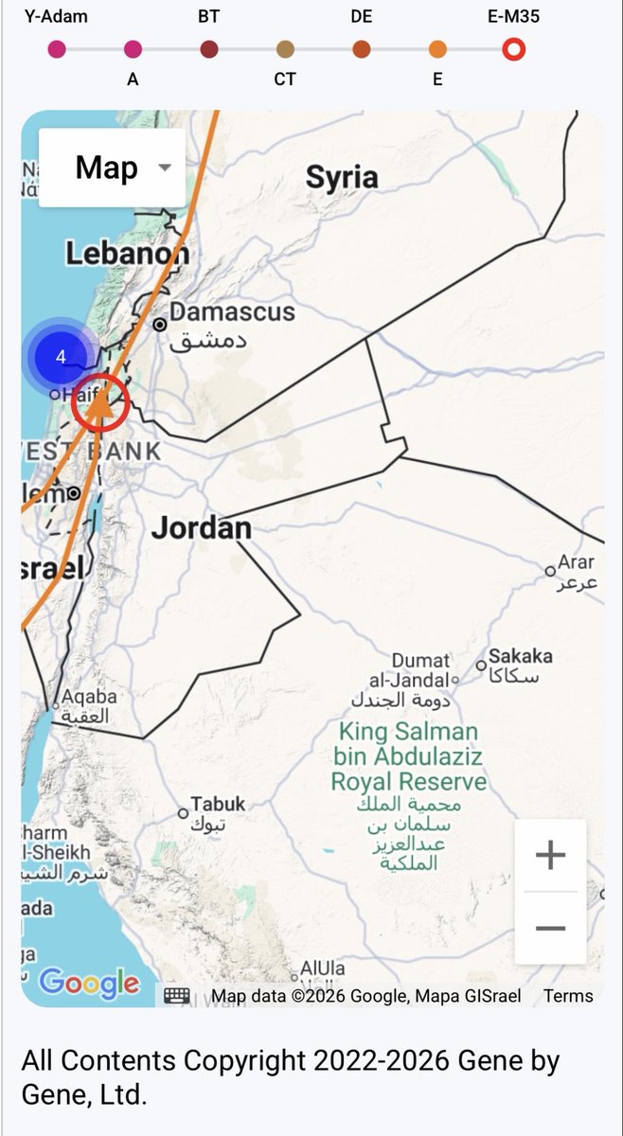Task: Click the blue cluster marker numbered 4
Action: (61, 357)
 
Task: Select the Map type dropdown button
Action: (112, 168)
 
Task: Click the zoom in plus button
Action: (550, 856)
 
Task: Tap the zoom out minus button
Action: (550, 928)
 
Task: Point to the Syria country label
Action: (342, 177)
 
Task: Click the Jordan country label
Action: (202, 527)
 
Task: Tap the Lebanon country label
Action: (126, 253)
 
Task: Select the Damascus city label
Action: (231, 312)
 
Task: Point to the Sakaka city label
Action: (520, 656)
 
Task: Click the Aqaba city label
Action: (89, 698)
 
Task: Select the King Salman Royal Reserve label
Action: (408, 757)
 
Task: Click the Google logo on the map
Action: (89, 983)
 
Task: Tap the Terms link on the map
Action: (568, 995)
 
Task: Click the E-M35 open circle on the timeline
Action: (513, 49)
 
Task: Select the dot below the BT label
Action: (209, 49)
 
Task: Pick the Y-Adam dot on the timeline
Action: (57, 49)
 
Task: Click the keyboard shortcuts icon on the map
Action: (177, 995)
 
